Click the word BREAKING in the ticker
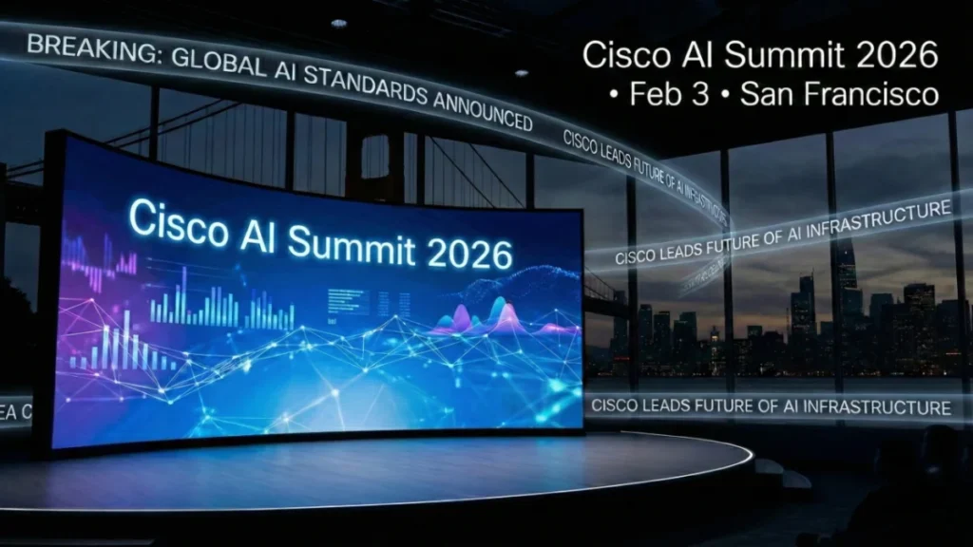(x=82, y=47)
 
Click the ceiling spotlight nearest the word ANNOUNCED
(x=521, y=73)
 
